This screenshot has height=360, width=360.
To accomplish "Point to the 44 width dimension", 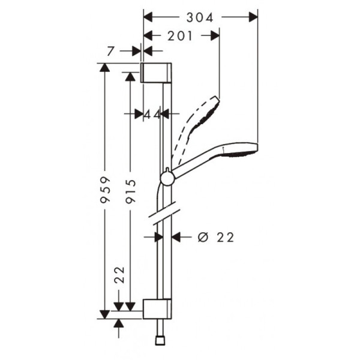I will point(152,113).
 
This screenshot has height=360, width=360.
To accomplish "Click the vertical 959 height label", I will point(105,190).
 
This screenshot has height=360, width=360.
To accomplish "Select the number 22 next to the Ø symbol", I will point(224,238).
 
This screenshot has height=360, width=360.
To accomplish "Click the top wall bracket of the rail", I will point(157,72).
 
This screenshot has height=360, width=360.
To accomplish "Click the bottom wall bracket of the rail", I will point(158,308).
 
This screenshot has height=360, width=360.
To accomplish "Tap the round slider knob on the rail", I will point(167,177).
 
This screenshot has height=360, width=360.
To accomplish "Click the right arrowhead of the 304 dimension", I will point(253,17).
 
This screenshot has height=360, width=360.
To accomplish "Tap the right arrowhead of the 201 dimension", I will point(217,36).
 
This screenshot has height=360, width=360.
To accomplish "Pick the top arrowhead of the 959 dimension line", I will point(105,67).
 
